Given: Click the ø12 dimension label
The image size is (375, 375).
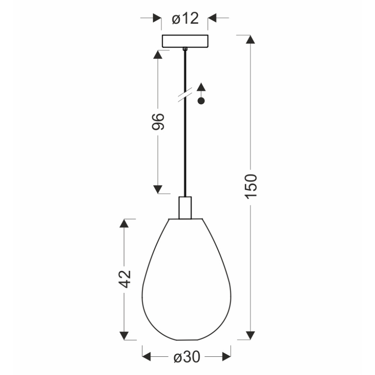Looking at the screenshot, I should click(184, 19).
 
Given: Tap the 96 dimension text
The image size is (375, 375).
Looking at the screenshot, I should click(158, 122).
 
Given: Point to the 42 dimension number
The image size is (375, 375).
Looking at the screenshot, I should click(124, 279).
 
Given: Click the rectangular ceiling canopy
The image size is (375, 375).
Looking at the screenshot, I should click(185, 41).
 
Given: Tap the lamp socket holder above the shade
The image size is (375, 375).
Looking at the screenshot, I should click(185, 207).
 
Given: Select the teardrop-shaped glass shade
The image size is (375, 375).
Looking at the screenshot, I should click(186, 281).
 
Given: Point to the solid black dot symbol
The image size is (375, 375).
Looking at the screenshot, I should click(200, 102).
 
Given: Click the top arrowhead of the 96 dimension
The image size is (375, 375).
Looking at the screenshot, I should click(158, 55).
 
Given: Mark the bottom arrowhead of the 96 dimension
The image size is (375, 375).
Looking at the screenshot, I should click(158, 189).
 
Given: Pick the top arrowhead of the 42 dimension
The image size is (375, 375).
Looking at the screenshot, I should click(124, 223).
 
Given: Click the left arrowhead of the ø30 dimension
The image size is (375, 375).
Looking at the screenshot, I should click(147, 357).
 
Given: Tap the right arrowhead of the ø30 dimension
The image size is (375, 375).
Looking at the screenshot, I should click(226, 357).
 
